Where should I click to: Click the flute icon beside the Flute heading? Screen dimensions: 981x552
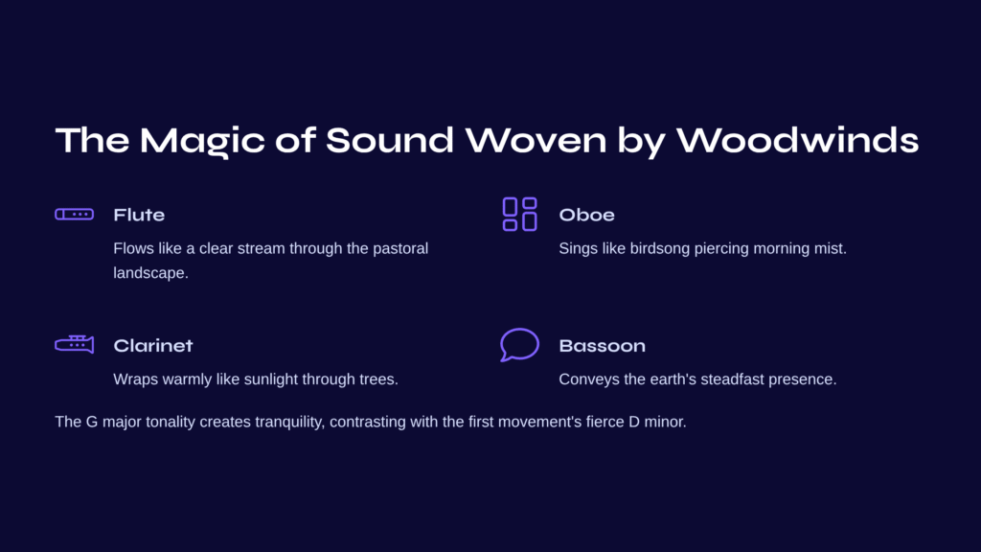coord(75,215)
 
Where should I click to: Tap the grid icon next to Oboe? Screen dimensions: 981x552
coord(520,215)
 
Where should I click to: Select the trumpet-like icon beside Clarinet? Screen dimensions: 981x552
coord(75,344)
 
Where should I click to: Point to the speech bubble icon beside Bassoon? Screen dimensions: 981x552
coord(520,344)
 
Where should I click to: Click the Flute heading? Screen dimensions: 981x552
coord(139,216)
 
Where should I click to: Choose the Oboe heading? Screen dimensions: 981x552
coord(587,216)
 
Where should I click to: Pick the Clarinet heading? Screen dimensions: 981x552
coord(153,345)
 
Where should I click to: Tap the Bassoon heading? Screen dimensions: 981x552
coord(602,345)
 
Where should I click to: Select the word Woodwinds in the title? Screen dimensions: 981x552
coord(798,140)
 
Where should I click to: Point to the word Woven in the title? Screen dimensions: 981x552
coord(536,140)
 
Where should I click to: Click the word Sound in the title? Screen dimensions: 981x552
coord(389,140)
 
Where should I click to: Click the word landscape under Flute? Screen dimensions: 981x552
coord(150,273)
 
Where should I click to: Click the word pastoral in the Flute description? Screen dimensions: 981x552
coord(400,248)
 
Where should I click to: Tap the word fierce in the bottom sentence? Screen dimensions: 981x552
coord(605,422)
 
